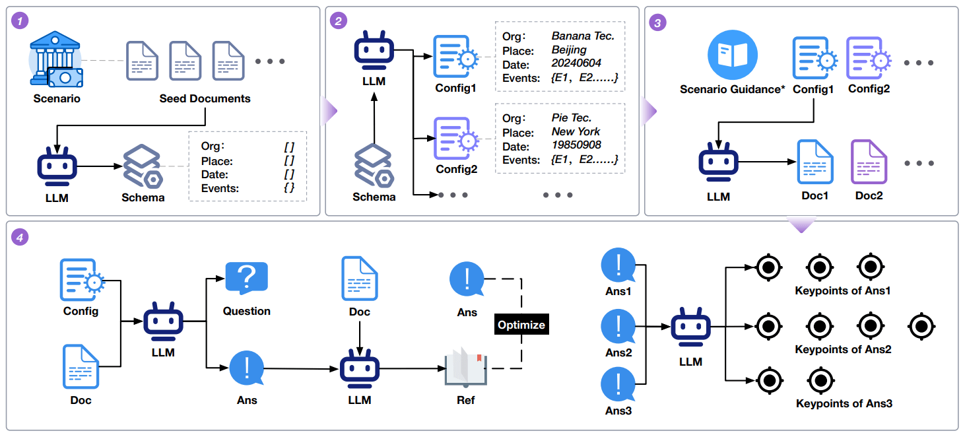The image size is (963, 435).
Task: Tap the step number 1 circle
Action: pos(22,20)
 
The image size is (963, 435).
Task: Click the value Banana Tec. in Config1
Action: pos(582,36)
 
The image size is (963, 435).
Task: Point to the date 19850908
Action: pos(576,145)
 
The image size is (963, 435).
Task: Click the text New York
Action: pos(576,131)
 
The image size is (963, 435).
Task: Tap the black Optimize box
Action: pos(521,325)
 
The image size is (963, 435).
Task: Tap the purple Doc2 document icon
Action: pos(869,162)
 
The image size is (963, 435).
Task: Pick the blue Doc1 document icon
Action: pos(814,162)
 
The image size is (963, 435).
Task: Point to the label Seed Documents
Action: pos(205,99)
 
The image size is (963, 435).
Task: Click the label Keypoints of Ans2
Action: pos(843,349)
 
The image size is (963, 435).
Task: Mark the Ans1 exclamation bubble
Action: pos(618,267)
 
